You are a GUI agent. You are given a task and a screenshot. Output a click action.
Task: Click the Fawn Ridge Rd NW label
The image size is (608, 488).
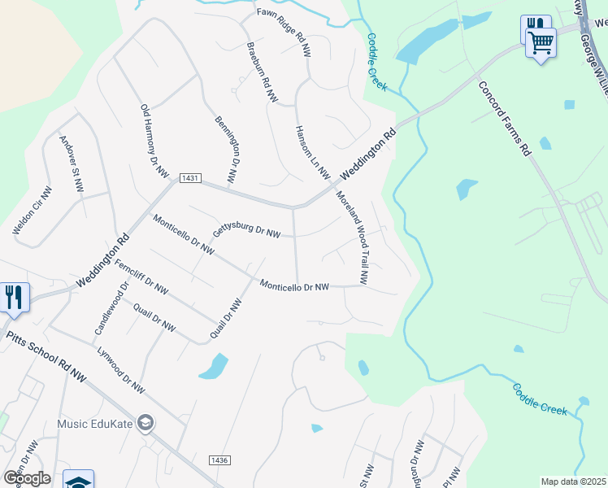click(284, 33)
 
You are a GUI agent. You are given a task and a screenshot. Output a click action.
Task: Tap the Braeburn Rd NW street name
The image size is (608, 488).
click(262, 72)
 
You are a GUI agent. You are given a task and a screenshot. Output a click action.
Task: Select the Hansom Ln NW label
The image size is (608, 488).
click(312, 152)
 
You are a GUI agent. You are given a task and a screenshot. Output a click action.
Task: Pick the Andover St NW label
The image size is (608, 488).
click(72, 164)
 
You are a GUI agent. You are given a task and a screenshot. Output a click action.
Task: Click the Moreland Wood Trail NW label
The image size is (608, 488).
click(354, 242)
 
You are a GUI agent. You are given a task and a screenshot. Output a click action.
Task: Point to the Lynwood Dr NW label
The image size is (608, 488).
click(120, 372)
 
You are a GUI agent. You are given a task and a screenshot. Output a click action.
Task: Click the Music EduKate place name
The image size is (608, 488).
click(94, 423)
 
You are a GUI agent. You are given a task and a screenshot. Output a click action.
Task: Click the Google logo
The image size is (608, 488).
click(27, 478)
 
